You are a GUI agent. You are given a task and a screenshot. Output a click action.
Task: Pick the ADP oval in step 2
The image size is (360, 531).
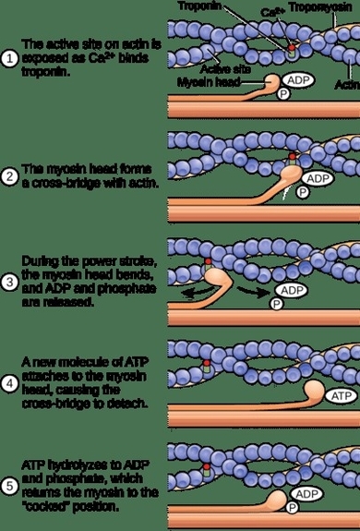(x=318, y=177)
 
